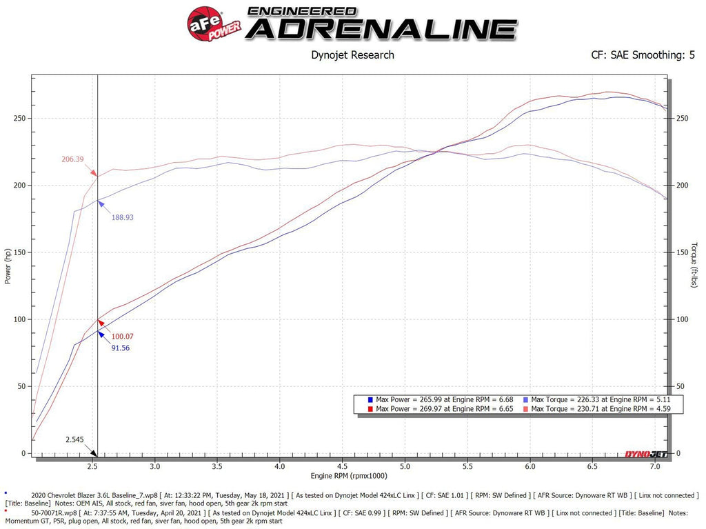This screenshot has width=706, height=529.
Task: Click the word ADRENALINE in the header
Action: tap(381, 29)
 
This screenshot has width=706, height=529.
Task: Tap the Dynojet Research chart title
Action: tap(353, 55)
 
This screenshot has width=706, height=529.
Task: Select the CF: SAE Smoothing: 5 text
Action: tap(643, 55)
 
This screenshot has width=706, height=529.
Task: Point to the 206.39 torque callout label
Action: tap(72, 159)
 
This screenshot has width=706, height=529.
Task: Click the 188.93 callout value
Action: tap(122, 217)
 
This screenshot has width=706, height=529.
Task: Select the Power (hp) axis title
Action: tap(8, 265)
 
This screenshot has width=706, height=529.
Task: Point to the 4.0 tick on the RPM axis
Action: tap(279, 466)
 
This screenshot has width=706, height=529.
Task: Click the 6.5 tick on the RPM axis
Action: tap(592, 466)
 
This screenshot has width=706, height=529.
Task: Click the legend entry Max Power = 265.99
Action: tap(438, 399)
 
